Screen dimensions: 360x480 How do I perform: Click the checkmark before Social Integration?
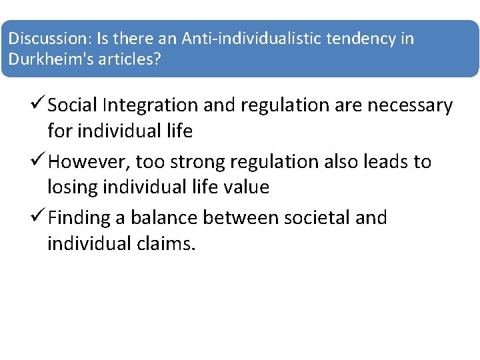tap(39, 105)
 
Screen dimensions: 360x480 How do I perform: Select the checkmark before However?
tap(39, 161)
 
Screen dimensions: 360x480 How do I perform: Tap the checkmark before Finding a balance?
tap(39, 217)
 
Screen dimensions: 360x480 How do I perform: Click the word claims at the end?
tap(167, 243)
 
